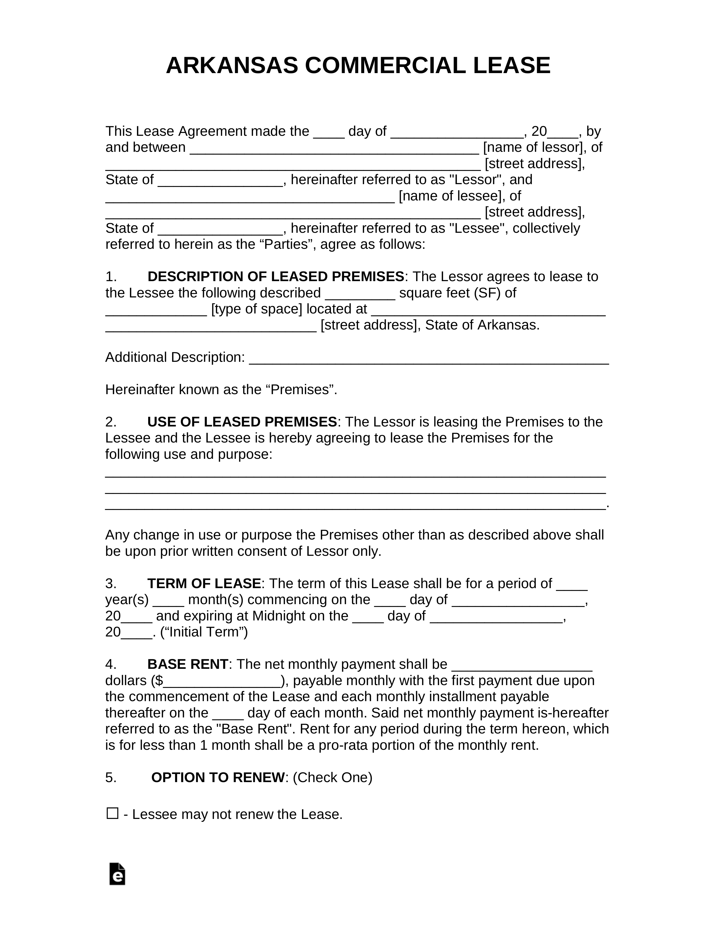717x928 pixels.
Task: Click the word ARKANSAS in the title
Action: pyautogui.click(x=232, y=66)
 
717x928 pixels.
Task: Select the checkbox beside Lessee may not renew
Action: pyautogui.click(x=112, y=813)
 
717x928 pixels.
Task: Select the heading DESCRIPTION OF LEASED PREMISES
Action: pyautogui.click(x=275, y=277)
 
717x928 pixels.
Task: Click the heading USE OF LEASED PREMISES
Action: pyautogui.click(x=242, y=422)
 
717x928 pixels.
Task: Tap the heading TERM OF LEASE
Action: pyautogui.click(x=204, y=583)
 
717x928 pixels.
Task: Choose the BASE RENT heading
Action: pyautogui.click(x=188, y=664)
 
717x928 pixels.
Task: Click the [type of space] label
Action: pyautogui.click(x=256, y=309)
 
